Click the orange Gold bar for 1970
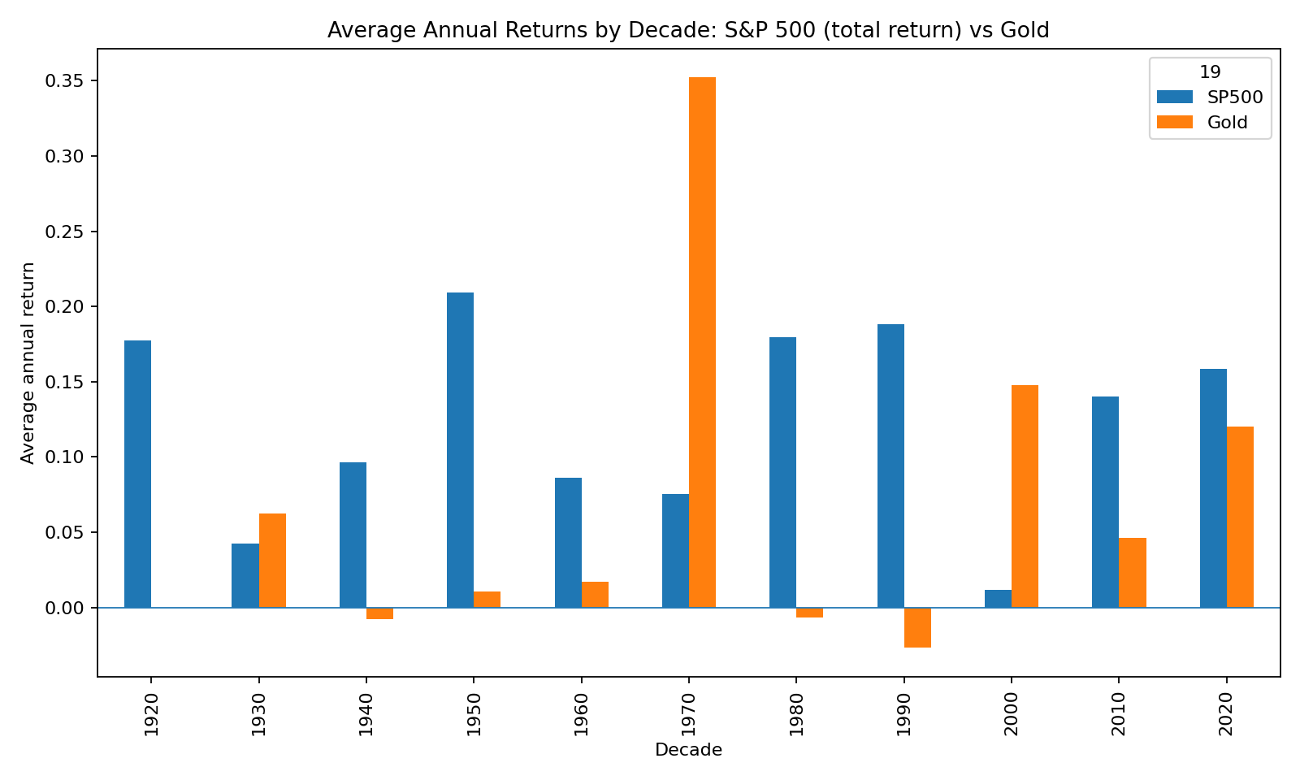pyautogui.click(x=702, y=342)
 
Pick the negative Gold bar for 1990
pyautogui.click(x=917, y=627)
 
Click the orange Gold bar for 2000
pyautogui.click(x=1025, y=496)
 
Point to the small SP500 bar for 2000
pyautogui.click(x=998, y=599)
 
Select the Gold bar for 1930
pyautogui.click(x=272, y=561)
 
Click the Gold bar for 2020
pyautogui.click(x=1240, y=517)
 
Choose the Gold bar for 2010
pyautogui.click(x=1133, y=573)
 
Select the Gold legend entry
pyautogui.click(x=1227, y=123)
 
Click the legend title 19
pyautogui.click(x=1210, y=72)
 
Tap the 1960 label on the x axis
pyautogui.click(x=582, y=715)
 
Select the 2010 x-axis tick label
pyautogui.click(x=1119, y=715)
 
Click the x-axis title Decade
pyautogui.click(x=688, y=750)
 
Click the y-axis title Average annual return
pyautogui.click(x=28, y=362)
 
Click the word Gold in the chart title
pyautogui.click(x=1025, y=30)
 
